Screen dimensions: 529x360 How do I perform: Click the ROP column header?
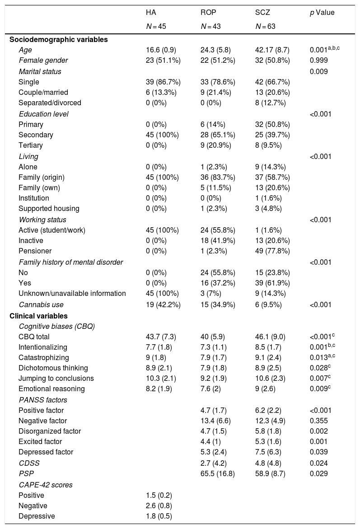[208, 13]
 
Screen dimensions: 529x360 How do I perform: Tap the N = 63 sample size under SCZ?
[265, 27]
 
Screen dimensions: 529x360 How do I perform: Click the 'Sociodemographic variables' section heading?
[59, 39]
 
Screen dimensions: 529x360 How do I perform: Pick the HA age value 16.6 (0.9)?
[158, 50]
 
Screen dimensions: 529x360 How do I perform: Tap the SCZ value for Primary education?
[272, 124]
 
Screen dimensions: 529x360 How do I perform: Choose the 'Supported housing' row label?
[49, 209]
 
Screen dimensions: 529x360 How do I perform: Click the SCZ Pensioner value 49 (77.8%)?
[272, 251]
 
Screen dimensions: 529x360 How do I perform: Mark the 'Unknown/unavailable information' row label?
[72, 294]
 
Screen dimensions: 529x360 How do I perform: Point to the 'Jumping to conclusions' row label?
[56, 379]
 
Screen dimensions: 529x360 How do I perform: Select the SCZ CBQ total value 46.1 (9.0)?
[270, 336]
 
